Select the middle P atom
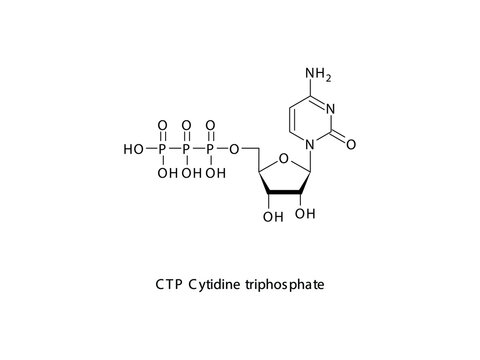[x=186, y=150]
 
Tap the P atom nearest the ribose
[x=210, y=150]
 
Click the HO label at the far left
[x=132, y=150]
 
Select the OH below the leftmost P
[x=163, y=173]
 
